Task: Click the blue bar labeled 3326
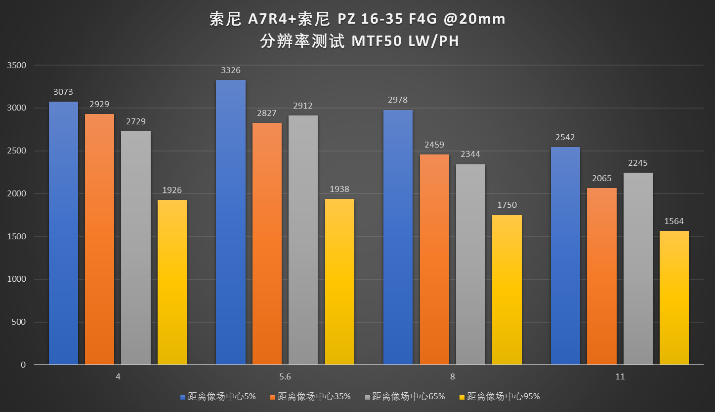231,222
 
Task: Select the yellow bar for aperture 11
674,298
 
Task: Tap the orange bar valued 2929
99,239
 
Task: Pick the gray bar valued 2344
470,264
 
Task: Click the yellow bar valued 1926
172,282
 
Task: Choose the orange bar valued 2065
601,276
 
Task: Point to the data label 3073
63,92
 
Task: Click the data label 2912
303,106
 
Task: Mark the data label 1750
507,205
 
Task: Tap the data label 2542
565,137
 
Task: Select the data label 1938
339,189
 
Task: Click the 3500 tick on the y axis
16,65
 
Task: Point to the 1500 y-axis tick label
16,236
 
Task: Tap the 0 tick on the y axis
24,365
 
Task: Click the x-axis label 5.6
285,376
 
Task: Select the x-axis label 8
453,376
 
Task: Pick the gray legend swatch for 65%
367,397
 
